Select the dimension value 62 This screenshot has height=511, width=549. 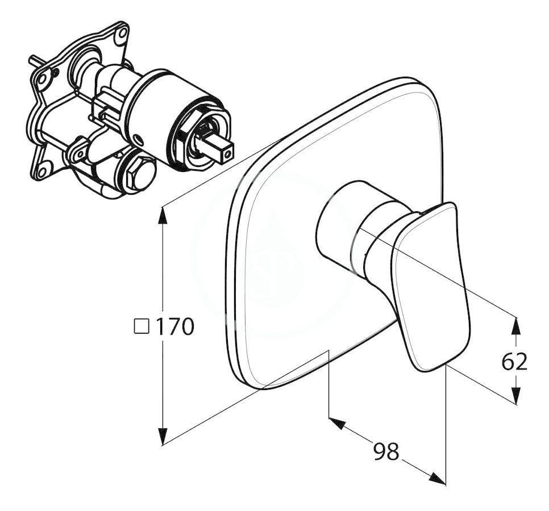click(514, 361)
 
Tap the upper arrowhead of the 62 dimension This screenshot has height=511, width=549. click(515, 322)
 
